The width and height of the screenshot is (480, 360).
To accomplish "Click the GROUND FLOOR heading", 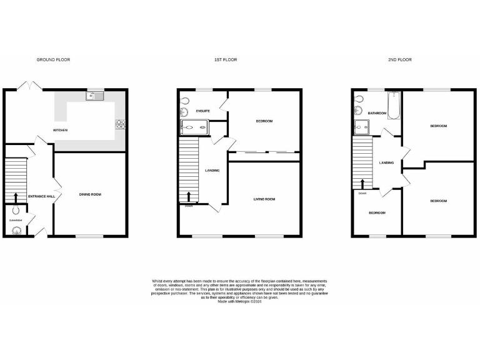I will [53, 60].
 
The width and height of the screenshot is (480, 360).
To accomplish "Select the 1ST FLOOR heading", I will [226, 60].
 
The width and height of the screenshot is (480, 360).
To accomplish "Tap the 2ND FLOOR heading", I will [400, 60].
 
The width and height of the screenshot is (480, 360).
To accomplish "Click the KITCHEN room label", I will [60, 130].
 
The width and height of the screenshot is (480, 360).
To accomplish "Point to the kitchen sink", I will [96, 96].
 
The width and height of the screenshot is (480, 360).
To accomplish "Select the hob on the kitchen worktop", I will [119, 124].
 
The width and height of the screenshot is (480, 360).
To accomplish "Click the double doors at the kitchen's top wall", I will [28, 87].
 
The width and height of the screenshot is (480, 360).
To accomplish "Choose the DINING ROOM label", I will [90, 194].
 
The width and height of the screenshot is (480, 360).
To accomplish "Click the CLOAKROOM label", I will [15, 220].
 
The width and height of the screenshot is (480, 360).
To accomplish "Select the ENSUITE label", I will [202, 111].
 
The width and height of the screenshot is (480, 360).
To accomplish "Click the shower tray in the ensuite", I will [195, 129].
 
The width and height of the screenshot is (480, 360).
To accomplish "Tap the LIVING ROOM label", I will [264, 199].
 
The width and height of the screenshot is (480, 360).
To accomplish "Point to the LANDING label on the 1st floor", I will [212, 169].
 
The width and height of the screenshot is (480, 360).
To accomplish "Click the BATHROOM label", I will [377, 113].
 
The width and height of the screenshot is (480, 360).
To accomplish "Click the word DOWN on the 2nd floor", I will [362, 193].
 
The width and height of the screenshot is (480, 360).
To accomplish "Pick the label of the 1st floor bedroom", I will [264, 121].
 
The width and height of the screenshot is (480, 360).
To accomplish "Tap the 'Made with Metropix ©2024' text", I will [240, 302].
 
